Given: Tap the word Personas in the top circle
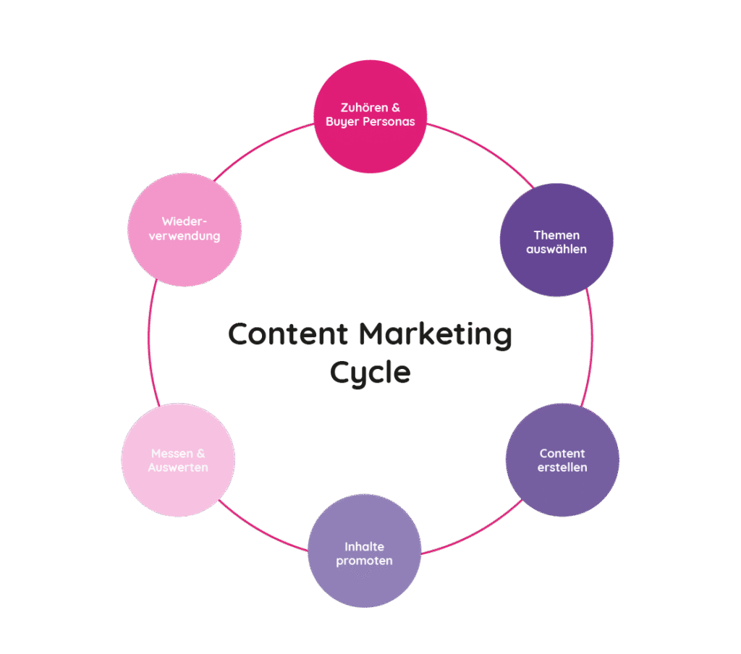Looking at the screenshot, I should click(x=391, y=122).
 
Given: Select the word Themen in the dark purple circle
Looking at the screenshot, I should click(x=556, y=235).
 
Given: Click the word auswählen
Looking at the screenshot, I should click(x=556, y=249).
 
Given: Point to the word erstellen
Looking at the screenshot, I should click(x=562, y=467).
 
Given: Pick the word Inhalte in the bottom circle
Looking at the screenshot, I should click(x=364, y=547).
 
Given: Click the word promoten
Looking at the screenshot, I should click(x=364, y=561).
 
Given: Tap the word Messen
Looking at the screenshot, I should click(x=172, y=454).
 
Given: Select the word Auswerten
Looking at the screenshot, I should click(x=178, y=467).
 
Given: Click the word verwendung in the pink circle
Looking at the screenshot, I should click(x=184, y=236).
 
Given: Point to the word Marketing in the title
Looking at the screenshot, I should click(x=435, y=335).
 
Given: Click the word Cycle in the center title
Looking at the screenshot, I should click(x=370, y=373).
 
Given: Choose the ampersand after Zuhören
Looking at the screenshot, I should click(x=396, y=108).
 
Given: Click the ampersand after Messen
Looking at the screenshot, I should click(x=200, y=454).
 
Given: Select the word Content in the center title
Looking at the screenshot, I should click(x=288, y=335).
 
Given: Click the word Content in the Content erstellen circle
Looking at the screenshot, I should click(x=562, y=454).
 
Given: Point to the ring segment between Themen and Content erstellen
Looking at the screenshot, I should click(x=591, y=347).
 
